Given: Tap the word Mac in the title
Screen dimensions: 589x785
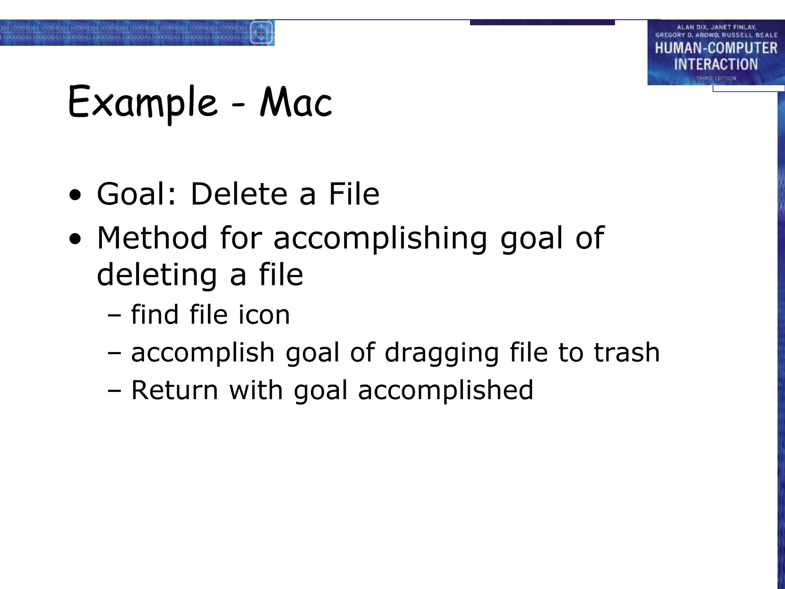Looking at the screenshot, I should pos(296,102).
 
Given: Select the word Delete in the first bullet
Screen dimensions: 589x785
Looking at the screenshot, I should pos(239,194).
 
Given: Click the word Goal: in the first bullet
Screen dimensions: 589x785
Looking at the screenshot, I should pos(136,194).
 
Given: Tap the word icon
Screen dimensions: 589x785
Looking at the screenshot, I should pos(264,315).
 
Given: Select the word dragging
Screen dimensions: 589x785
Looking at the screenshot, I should pos(442,353).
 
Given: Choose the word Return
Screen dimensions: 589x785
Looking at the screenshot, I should pos(175,390).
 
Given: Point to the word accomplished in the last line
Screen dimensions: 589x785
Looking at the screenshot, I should pos(445,391).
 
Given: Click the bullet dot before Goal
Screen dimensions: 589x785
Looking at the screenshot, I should pos(75,196).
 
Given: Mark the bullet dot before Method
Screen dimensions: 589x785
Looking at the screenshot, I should pos(75,240).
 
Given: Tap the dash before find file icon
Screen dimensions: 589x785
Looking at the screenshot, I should pos(114,316).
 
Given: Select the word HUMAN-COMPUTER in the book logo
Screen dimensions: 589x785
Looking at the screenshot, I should pos(716,48).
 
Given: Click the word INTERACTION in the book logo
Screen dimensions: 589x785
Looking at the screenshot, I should pos(716,64).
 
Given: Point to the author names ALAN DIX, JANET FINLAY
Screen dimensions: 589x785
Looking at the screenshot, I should pos(716,27).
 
